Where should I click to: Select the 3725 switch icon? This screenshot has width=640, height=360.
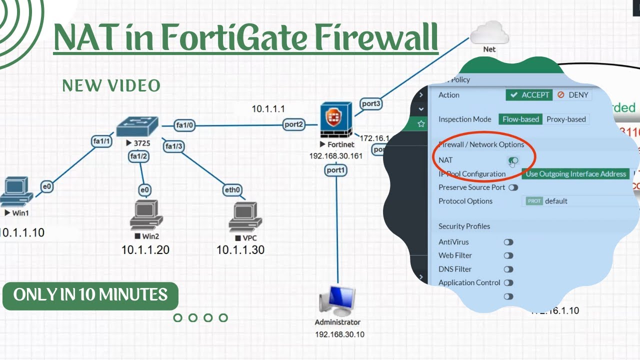tap(136, 127)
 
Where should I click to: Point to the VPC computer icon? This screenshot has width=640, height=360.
tap(245, 218)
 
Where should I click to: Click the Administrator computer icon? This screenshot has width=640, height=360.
tap(337, 301)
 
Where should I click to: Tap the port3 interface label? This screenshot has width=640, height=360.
tap(371, 104)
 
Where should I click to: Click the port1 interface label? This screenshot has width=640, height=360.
tap(335, 170)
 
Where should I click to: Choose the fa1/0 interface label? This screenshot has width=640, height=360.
tap(184, 125)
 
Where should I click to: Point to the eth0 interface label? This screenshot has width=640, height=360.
tap(232, 190)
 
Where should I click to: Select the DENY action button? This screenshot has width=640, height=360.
tap(573, 95)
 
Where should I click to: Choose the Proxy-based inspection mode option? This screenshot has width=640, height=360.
tap(565, 119)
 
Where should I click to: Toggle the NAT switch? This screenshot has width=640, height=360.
tap(513, 160)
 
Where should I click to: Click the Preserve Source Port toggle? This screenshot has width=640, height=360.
tap(513, 187)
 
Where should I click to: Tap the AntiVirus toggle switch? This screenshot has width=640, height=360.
tap(508, 242)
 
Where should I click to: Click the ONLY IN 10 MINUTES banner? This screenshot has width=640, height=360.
tap(90, 294)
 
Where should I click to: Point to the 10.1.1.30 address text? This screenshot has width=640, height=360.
tap(240, 250)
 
